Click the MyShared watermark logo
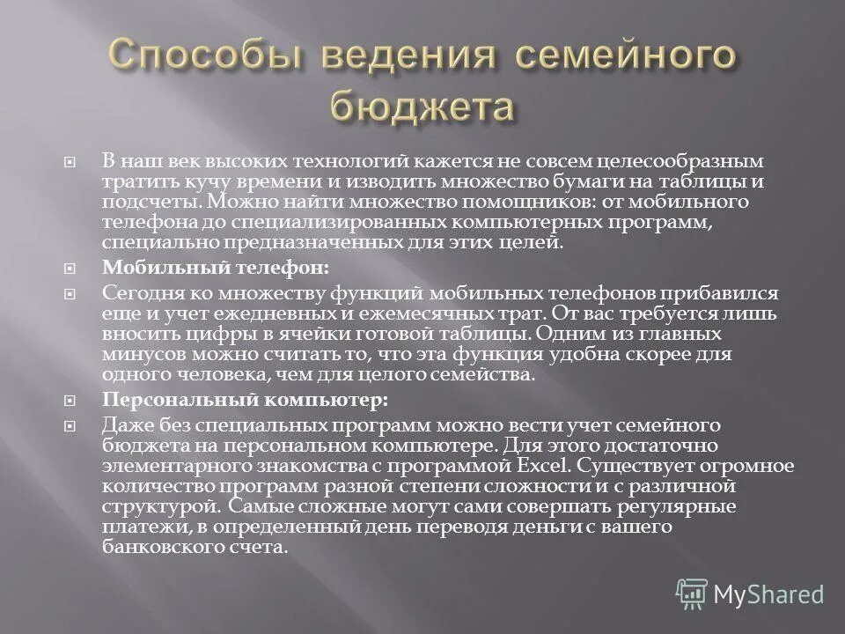[751, 594]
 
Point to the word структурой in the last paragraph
[146, 506]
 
